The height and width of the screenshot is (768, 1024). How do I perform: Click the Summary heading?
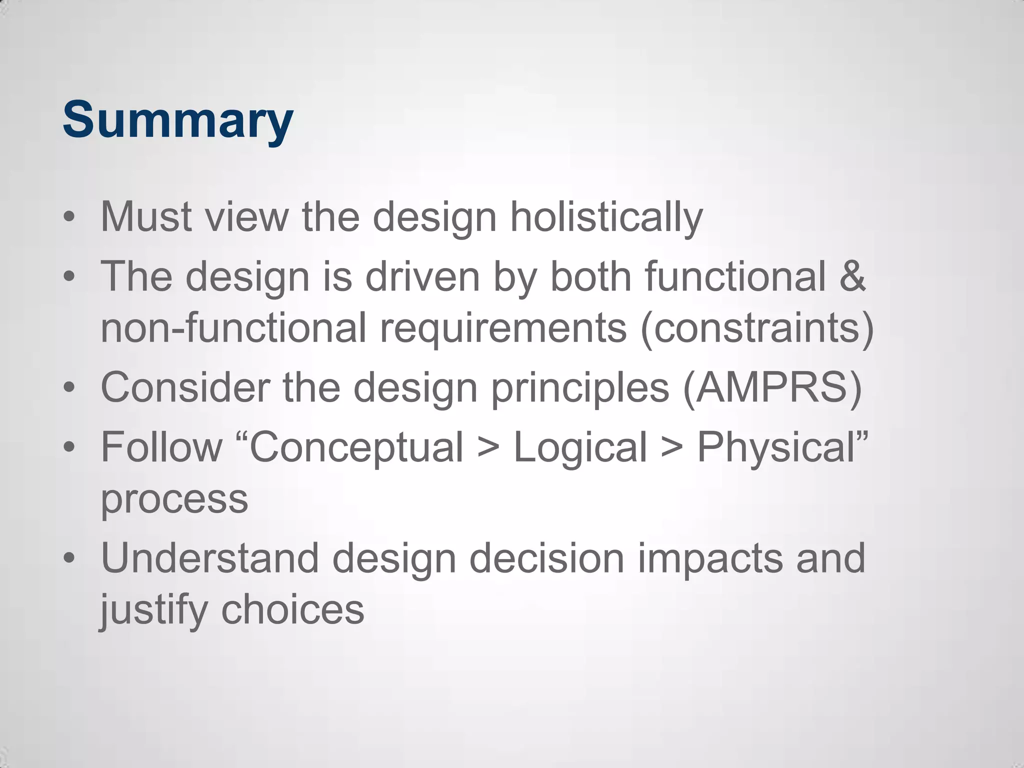click(x=177, y=120)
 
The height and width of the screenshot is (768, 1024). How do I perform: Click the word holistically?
click(x=606, y=217)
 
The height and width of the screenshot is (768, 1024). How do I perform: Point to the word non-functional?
click(x=233, y=328)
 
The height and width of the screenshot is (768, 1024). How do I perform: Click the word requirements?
click(x=503, y=328)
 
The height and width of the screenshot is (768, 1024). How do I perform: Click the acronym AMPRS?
click(x=772, y=387)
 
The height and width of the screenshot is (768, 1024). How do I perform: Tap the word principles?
click(x=580, y=387)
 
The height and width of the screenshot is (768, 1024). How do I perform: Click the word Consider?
click(x=185, y=387)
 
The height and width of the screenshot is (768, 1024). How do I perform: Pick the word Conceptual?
click(x=356, y=447)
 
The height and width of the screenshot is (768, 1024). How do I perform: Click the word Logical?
click(x=580, y=447)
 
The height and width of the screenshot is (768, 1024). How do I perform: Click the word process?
click(x=174, y=499)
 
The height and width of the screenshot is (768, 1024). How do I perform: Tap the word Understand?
click(x=209, y=558)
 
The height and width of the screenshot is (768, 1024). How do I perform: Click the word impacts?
click(x=710, y=558)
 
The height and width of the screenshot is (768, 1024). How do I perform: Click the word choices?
click(x=292, y=610)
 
